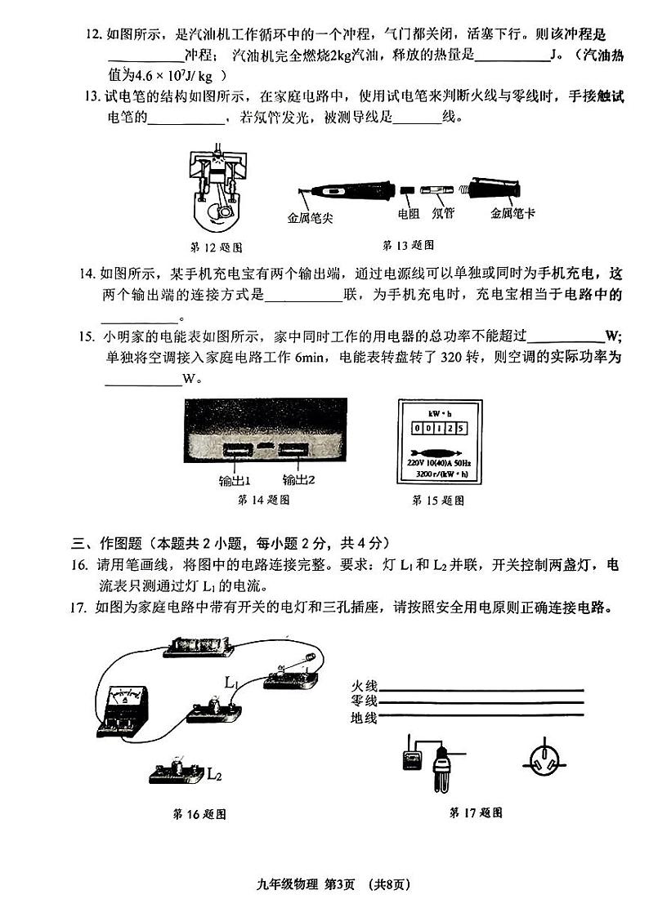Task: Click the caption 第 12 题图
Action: pos(216,247)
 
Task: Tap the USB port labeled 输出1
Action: pos(235,450)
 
